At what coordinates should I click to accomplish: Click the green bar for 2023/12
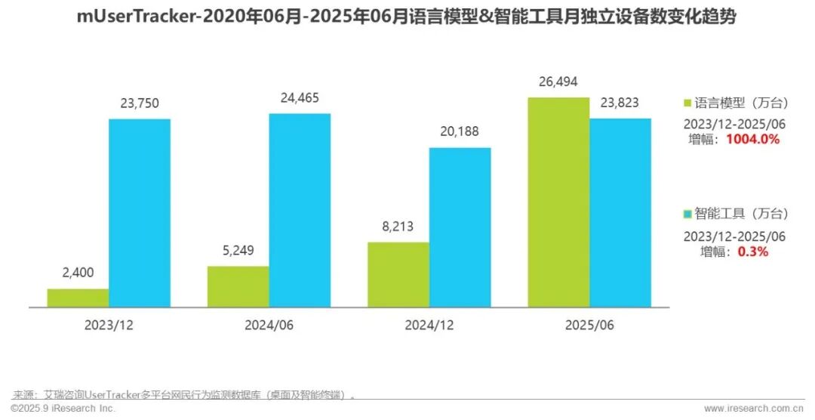coord(78,298)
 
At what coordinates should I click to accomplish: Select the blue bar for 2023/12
coord(140,213)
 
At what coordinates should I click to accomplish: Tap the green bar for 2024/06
coord(238,286)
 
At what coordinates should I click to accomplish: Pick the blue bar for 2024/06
coord(300,210)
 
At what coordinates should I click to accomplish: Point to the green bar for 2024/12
coord(398,274)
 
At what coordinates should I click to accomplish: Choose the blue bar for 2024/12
coord(460,227)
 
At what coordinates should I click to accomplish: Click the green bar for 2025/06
coord(558,202)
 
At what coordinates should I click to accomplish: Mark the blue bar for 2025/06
coord(620,212)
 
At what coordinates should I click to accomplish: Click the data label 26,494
coord(558,82)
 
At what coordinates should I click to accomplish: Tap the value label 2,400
coord(78,273)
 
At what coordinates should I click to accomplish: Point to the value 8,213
coord(398,227)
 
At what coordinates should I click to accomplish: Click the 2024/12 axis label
coord(429,326)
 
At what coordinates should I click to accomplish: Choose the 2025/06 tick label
coord(589,326)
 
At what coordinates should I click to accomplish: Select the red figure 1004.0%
coord(752,140)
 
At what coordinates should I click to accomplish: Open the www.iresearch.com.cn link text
coord(757,408)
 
